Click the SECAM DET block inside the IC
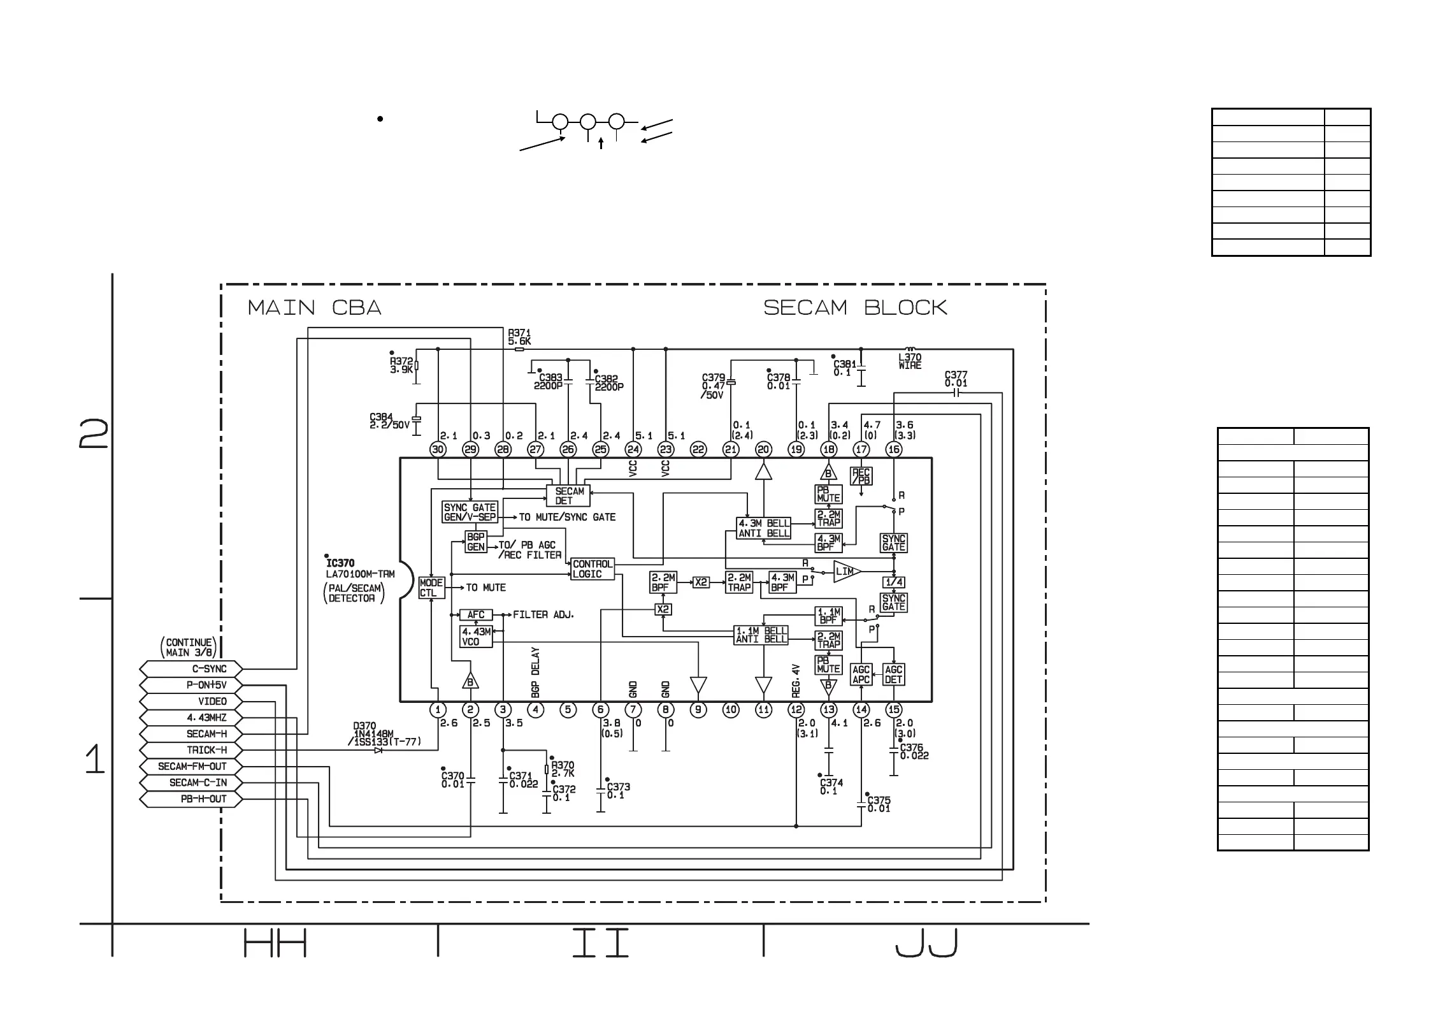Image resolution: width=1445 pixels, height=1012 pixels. coord(568,496)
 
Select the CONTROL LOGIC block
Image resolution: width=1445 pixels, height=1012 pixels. coord(592,569)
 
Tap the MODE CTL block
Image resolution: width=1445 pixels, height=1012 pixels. coord(431,588)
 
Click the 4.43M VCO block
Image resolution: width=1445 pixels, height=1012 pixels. coord(476,637)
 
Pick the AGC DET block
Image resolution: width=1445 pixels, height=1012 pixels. coord(893,674)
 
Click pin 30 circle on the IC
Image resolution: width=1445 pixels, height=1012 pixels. coord(438,449)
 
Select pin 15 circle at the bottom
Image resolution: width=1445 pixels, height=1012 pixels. coord(893,709)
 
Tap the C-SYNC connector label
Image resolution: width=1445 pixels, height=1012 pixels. coord(210,669)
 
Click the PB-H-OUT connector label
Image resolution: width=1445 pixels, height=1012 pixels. coord(203,799)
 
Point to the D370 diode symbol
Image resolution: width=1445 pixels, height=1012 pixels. coord(378,750)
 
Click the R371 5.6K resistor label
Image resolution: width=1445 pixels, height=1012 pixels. coord(519,337)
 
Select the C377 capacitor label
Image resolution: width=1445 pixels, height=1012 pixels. coord(956,379)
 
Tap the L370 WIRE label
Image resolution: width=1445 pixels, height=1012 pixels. coord(909,361)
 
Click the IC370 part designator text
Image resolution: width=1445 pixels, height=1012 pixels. coord(340,563)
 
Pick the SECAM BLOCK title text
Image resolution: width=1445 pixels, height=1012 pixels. coord(855,308)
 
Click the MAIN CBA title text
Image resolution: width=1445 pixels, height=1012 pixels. coord(314,308)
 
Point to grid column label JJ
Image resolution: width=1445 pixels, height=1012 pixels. coord(926,944)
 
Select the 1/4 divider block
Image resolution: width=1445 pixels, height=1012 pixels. coord(893,582)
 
